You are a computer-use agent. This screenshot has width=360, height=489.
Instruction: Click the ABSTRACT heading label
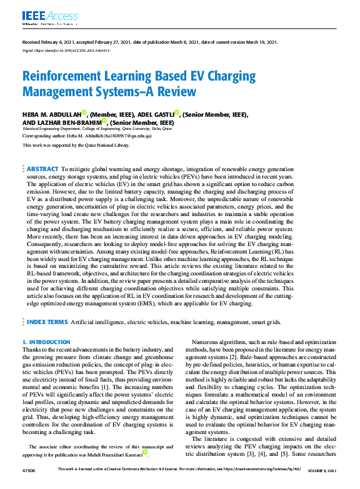pyautogui.click(x=42, y=169)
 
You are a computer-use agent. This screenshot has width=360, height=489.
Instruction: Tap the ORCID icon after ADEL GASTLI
pyautogui.click(x=177, y=113)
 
